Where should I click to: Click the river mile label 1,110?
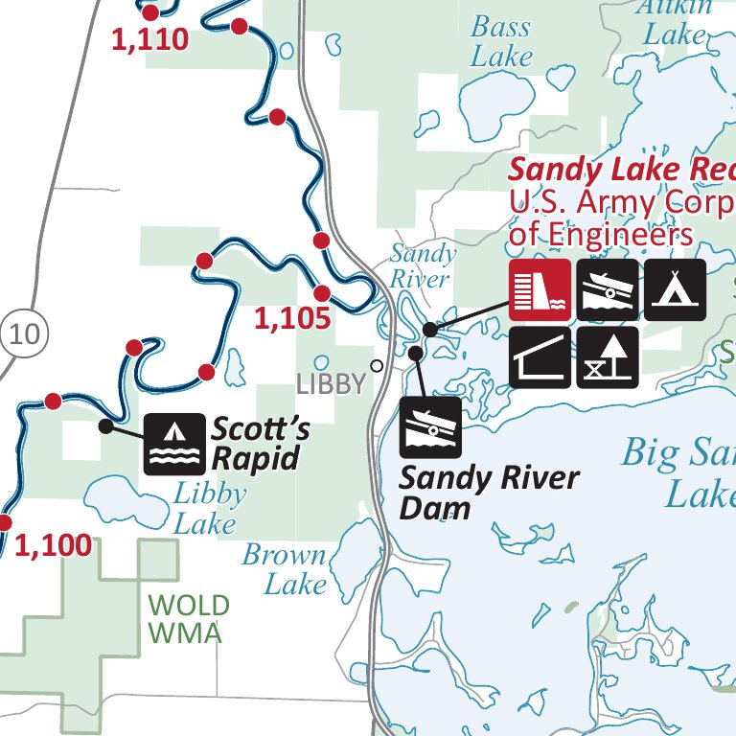point(150,40)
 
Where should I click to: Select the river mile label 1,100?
point(54,546)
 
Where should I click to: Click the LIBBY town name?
point(331,385)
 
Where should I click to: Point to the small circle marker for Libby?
point(377,365)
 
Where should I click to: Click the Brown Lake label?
point(285,568)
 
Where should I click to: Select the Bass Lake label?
point(501,41)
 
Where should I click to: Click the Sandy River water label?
point(422,266)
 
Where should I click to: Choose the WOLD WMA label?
point(189,619)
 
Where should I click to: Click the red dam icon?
point(540,289)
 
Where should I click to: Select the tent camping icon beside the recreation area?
point(675,289)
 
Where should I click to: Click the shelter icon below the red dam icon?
point(540,356)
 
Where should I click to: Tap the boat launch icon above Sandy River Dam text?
point(430,426)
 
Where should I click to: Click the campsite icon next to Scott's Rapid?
point(174,444)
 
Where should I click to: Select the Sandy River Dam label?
point(489,492)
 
